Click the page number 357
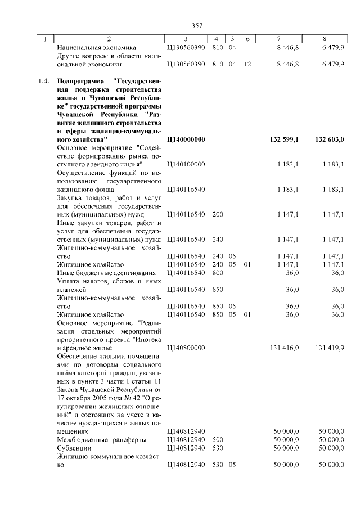coord(197,25)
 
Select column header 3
coord(186,39)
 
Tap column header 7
coord(279,39)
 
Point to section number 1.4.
coord(44,81)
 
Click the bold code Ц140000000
coord(186,139)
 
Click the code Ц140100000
coord(186,164)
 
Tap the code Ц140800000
coord(186,348)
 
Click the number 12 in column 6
coord(247,65)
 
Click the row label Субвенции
coord(75,448)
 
